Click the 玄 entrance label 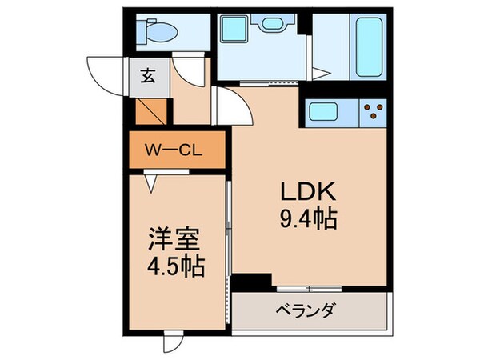(x=150, y=77)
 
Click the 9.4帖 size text (x=307, y=217)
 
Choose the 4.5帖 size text (x=174, y=265)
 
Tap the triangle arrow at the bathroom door (x=322, y=74)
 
